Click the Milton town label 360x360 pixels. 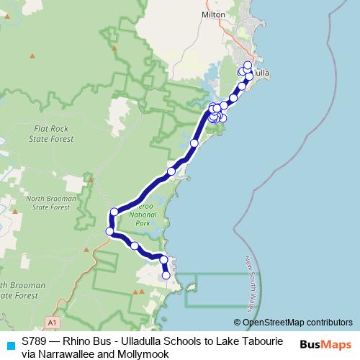(x=214, y=34)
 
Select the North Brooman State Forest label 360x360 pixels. (x=37, y=202)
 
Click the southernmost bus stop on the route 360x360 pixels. (x=166, y=275)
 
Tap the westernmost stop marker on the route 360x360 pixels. (x=109, y=231)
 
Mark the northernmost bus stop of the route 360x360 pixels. (x=248, y=66)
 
